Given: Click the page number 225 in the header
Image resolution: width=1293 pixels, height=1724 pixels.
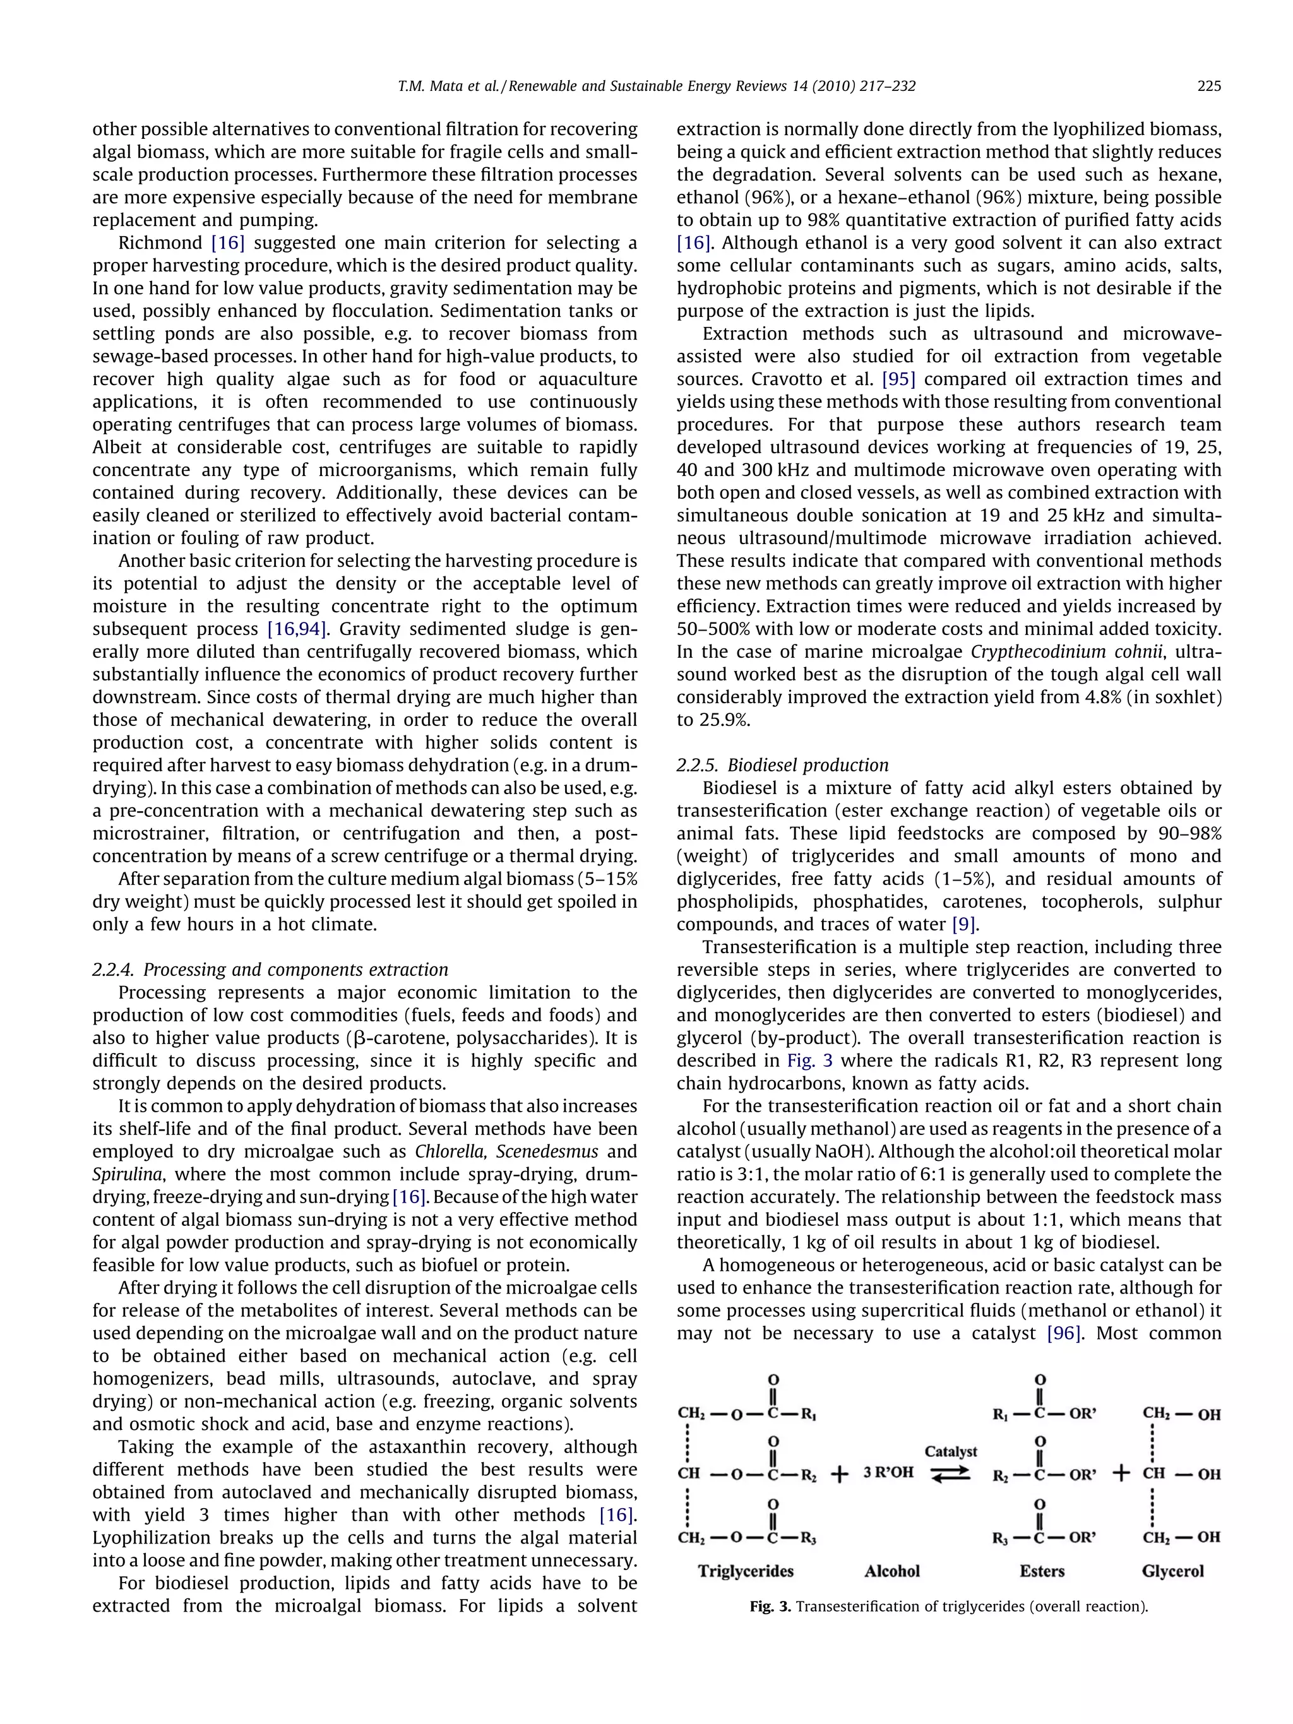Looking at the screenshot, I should pos(1209,86).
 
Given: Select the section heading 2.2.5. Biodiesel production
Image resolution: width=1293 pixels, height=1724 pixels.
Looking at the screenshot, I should pos(782,765).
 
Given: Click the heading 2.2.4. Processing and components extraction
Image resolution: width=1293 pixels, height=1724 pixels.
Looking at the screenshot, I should pos(270,970).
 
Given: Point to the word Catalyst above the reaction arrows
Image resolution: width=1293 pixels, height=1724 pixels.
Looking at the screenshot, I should pos(951,1451).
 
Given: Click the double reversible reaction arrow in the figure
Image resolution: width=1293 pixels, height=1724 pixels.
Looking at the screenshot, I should pos(951,1474).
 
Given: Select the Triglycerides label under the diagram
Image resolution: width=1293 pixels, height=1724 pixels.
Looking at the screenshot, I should pos(746,1571).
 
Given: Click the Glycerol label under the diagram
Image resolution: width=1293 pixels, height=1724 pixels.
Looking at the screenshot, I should pos(1172,1571).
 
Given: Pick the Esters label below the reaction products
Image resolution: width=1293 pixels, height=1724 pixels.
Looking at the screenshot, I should pos(1042,1571).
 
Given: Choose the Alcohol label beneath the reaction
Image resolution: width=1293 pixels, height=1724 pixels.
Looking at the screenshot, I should pos(891,1571).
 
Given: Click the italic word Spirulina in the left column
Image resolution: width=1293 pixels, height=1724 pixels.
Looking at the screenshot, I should pos(123,1175).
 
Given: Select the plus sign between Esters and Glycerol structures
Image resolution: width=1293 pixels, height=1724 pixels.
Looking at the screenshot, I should pos(1121,1473).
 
